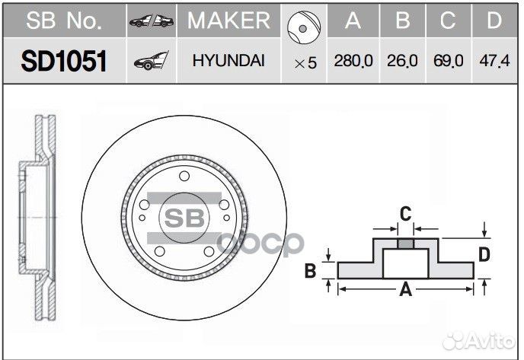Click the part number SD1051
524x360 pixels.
point(63,62)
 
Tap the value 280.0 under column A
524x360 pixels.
point(353,62)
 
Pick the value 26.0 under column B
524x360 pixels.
point(402,62)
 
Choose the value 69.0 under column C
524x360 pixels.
point(448,62)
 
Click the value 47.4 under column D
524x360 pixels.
point(494,62)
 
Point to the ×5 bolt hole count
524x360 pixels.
point(305,63)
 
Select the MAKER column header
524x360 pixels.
point(228,21)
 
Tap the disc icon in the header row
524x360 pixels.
point(304,27)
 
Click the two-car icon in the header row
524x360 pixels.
point(152,21)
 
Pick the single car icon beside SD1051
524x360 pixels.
point(151,62)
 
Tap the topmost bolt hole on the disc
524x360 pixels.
point(183,177)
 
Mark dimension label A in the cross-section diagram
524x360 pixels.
point(406,289)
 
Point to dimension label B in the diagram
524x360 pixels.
point(310,270)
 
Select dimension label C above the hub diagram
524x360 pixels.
point(406,212)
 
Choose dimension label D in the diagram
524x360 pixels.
point(484,254)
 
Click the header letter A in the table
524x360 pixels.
point(353,21)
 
